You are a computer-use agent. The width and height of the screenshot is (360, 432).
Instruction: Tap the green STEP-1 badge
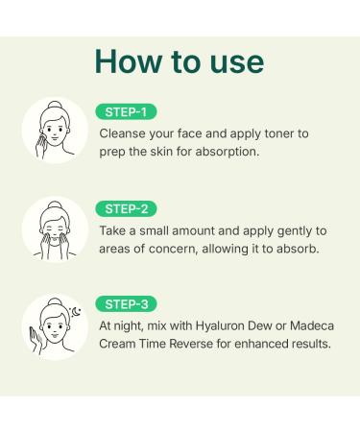pyautogui.click(x=126, y=111)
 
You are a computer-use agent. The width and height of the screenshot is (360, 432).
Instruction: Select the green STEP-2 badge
pyautogui.click(x=126, y=208)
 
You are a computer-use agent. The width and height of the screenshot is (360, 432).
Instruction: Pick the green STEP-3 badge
pyautogui.click(x=126, y=304)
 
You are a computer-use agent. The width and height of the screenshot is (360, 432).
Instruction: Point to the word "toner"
pyautogui.click(x=286, y=133)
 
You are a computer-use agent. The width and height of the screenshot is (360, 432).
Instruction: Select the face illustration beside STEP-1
pyautogui.click(x=54, y=132)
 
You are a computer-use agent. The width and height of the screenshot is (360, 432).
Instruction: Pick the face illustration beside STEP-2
pyautogui.click(x=54, y=230)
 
